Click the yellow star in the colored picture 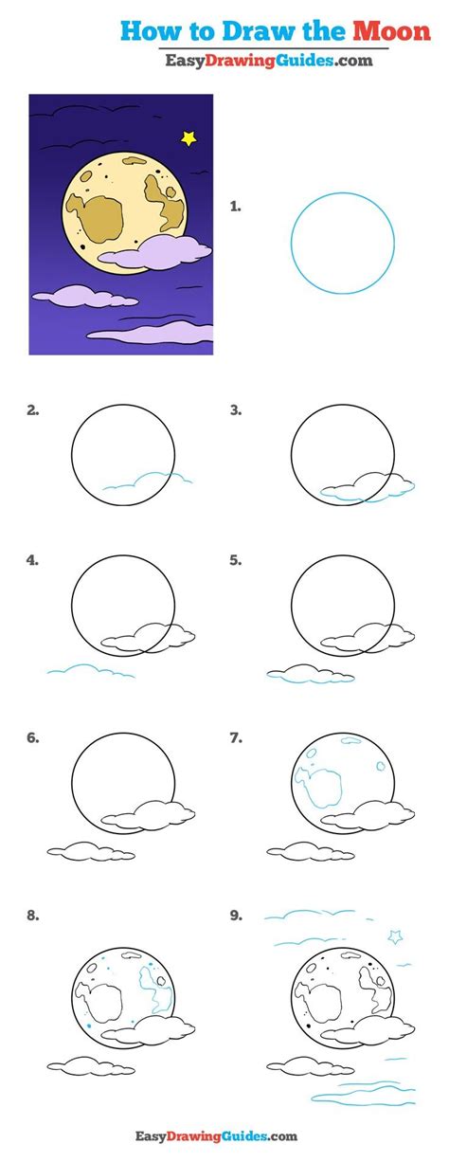point(189,138)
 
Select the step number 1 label point(235,207)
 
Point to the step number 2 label point(32,410)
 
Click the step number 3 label point(236,410)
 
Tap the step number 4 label point(32,560)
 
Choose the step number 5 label point(236,560)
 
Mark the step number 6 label point(32,737)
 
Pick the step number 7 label point(236,737)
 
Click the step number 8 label point(32,916)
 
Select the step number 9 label point(236,916)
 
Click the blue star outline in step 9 point(396,936)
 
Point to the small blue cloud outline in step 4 point(91,670)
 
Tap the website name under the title point(269,61)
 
